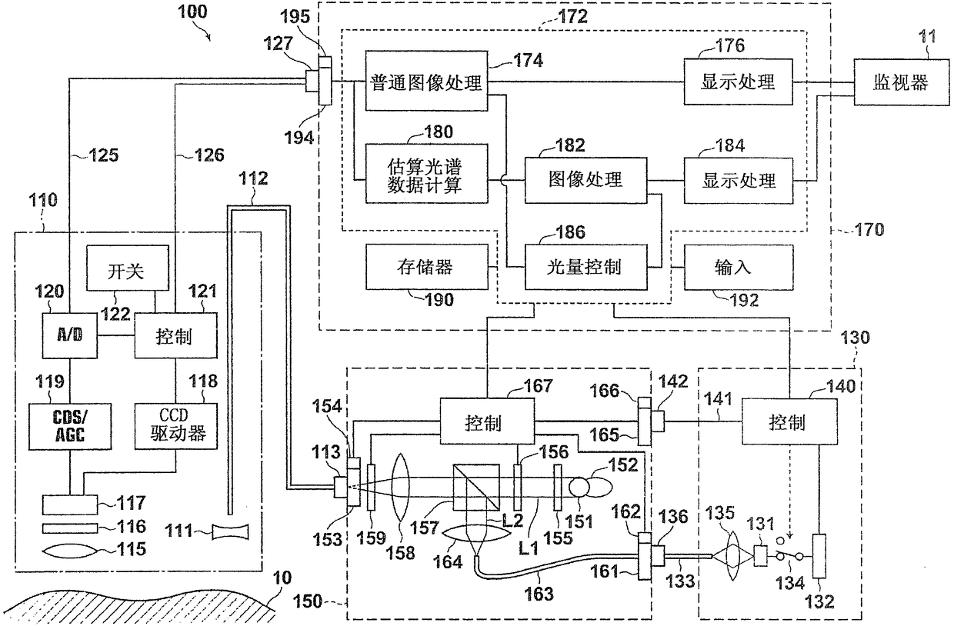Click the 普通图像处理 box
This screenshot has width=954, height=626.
click(425, 82)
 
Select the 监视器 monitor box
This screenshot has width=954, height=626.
click(899, 82)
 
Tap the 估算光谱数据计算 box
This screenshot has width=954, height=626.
click(425, 174)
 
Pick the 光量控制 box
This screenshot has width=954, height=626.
click(584, 266)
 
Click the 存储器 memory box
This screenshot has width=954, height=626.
click(425, 266)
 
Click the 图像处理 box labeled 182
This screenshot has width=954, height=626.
click(584, 179)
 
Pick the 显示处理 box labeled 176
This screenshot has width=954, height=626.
click(739, 82)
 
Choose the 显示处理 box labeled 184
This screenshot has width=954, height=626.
click(739, 180)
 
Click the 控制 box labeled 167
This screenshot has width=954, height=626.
click(486, 422)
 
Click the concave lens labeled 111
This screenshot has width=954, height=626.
click(231, 532)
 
